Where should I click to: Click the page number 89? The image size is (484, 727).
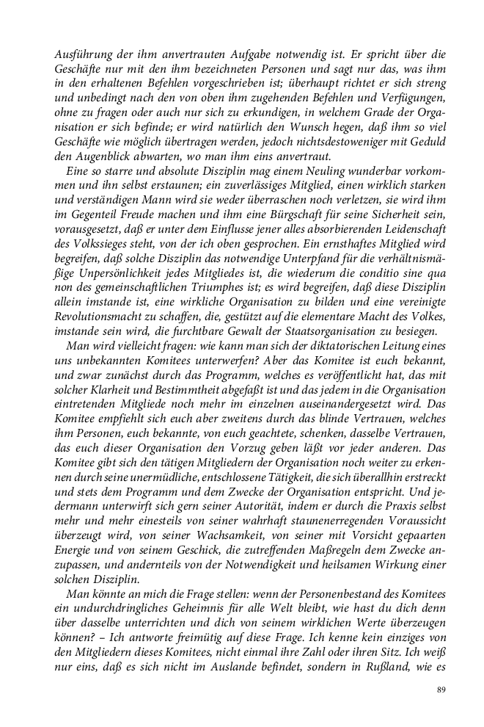pyautogui.click(x=441, y=690)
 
